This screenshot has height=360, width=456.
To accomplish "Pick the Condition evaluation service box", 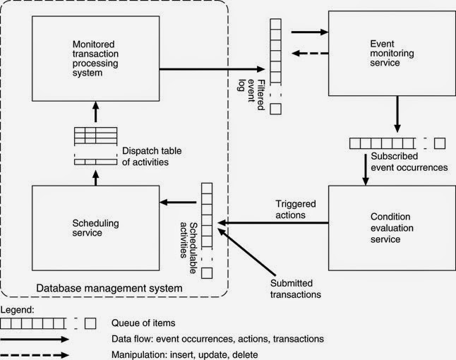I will (x=382, y=227).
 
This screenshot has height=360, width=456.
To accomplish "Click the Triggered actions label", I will (x=295, y=209).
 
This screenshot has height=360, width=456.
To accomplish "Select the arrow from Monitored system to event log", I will (x=212, y=69).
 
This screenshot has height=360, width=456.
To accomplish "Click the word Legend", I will (x=16, y=310).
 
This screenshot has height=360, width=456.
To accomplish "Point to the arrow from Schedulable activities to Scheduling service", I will (x=176, y=203).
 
